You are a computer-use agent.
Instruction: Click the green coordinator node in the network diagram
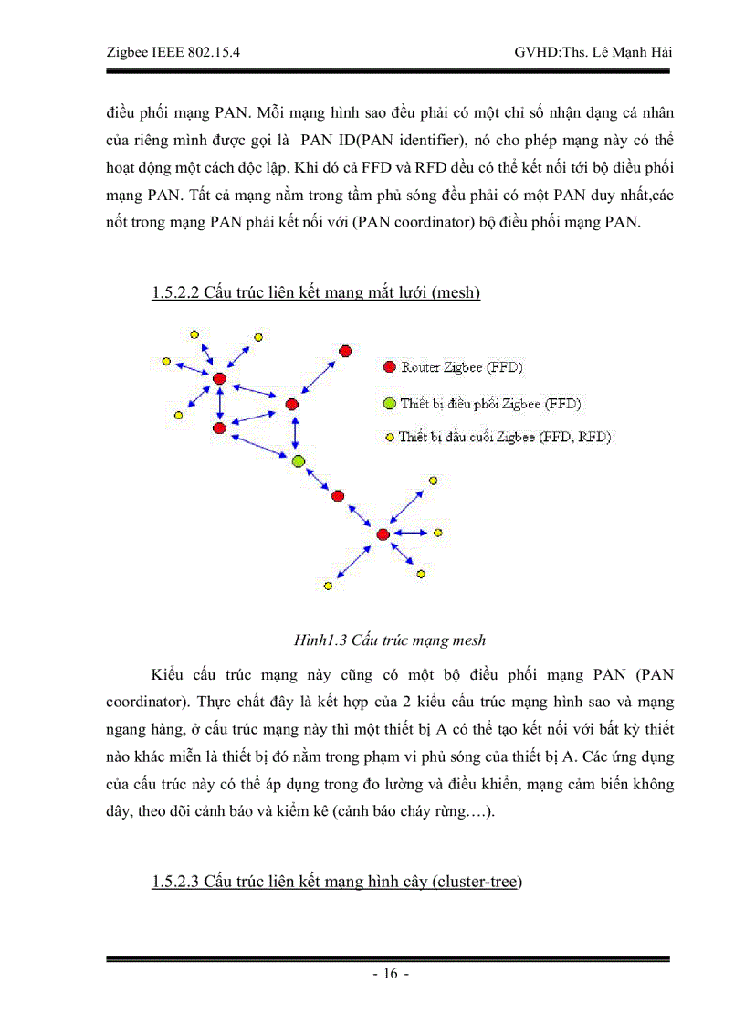(x=297, y=461)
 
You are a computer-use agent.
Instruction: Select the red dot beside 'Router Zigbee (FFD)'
(x=389, y=367)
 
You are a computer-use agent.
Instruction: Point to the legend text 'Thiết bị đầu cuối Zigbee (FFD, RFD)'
(x=504, y=437)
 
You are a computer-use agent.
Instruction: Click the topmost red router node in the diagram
(x=345, y=351)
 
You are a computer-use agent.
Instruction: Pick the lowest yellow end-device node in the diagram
(x=328, y=586)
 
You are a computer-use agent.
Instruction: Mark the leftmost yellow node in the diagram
(x=166, y=362)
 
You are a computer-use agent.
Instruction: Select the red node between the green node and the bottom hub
(x=338, y=496)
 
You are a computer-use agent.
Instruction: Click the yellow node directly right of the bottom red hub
(x=437, y=532)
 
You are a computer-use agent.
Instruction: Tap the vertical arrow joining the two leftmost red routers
(x=219, y=403)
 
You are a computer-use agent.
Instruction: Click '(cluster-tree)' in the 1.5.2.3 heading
(x=476, y=882)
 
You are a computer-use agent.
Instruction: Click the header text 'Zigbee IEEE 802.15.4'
(x=167, y=52)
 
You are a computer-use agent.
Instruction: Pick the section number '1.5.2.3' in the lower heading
(x=175, y=882)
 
